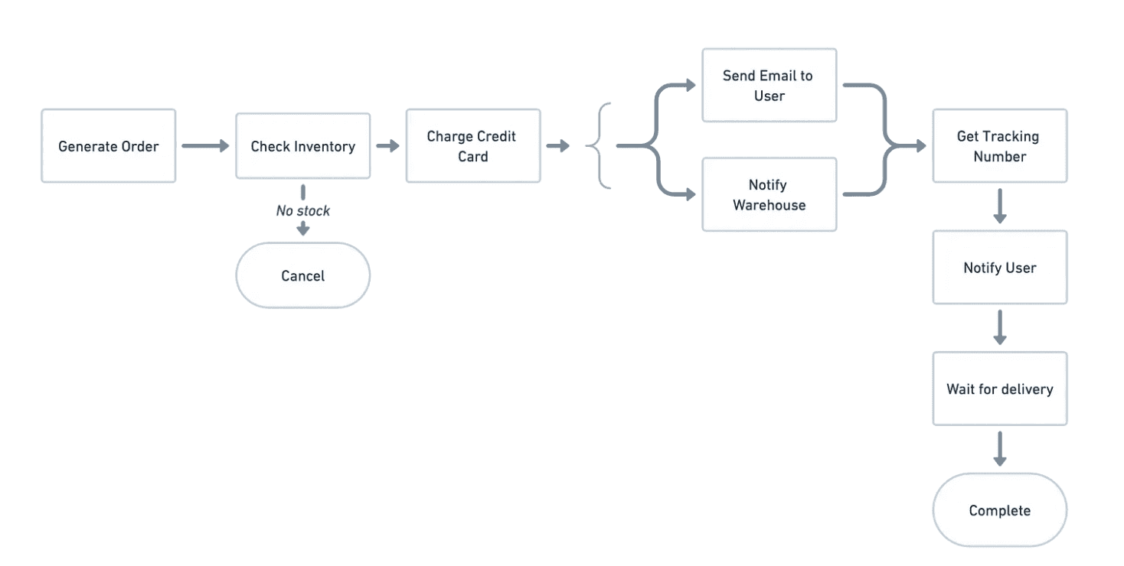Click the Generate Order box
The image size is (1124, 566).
click(109, 146)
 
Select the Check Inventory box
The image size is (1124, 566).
click(303, 146)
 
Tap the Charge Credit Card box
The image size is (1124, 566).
click(473, 146)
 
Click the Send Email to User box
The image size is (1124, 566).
click(769, 85)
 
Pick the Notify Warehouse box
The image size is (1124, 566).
click(769, 194)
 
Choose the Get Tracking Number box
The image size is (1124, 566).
click(999, 146)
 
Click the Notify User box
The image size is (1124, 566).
click(999, 267)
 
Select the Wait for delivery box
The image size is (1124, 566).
click(999, 389)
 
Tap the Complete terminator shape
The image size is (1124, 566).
click(999, 510)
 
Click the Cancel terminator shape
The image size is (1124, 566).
click(303, 275)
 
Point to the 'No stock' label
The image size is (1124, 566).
click(303, 210)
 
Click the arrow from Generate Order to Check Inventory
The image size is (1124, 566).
click(205, 146)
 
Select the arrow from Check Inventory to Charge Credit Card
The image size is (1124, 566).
click(388, 146)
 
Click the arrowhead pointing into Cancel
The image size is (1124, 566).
click(303, 229)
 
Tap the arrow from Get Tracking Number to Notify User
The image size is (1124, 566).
click(999, 206)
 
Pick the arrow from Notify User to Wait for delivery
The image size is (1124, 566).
click(999, 327)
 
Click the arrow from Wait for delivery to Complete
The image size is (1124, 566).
click(999, 449)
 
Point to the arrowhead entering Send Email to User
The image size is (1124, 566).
click(691, 85)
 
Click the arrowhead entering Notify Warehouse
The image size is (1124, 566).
click(691, 194)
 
